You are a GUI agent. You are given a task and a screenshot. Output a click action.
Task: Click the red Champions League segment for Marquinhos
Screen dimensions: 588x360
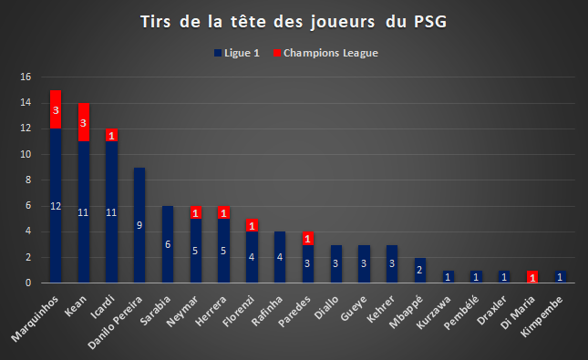pyautogui.click(x=56, y=109)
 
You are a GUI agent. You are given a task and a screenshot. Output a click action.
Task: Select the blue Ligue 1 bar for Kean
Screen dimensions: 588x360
pyautogui.click(x=84, y=211)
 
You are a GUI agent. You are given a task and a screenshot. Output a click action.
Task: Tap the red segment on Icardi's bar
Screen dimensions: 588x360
pyautogui.click(x=111, y=135)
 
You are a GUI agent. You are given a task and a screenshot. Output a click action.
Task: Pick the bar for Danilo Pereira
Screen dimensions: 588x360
pyautogui.click(x=139, y=225)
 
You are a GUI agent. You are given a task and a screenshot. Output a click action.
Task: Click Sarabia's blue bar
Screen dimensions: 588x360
pyautogui.click(x=168, y=244)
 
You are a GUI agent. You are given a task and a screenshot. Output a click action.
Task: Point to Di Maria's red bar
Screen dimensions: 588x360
pyautogui.click(x=532, y=277)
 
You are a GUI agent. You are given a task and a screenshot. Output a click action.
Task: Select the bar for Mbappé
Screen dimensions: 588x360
pyautogui.click(x=420, y=271)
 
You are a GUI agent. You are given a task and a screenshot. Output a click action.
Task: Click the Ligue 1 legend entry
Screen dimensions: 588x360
pyautogui.click(x=237, y=53)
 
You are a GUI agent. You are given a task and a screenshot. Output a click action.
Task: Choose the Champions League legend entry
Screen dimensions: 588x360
pyautogui.click(x=325, y=53)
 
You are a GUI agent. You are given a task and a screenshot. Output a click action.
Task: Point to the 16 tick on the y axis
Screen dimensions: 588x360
pyautogui.click(x=26, y=77)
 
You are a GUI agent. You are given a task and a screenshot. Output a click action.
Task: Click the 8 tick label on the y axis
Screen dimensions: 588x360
pyautogui.click(x=28, y=180)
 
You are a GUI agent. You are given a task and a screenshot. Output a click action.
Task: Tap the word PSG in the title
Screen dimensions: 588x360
pyautogui.click(x=430, y=22)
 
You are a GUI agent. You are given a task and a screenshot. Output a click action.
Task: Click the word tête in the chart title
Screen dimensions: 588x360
pyautogui.click(x=248, y=22)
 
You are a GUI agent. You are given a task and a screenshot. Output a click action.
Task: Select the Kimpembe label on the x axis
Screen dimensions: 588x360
pyautogui.click(x=542, y=316)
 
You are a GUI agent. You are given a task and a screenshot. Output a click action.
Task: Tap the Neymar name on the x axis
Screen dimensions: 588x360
pyautogui.click(x=182, y=312)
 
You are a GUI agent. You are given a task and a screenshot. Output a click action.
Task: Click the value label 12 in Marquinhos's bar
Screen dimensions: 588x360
pyautogui.click(x=56, y=206)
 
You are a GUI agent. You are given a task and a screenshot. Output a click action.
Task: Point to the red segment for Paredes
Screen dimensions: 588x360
pyautogui.click(x=308, y=239)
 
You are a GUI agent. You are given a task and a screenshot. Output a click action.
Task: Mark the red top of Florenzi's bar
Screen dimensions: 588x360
pyautogui.click(x=252, y=225)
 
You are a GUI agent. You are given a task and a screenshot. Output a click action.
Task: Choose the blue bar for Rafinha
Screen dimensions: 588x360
pyautogui.click(x=280, y=257)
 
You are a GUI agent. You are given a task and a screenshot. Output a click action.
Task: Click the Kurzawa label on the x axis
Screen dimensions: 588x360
pyautogui.click(x=434, y=313)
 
